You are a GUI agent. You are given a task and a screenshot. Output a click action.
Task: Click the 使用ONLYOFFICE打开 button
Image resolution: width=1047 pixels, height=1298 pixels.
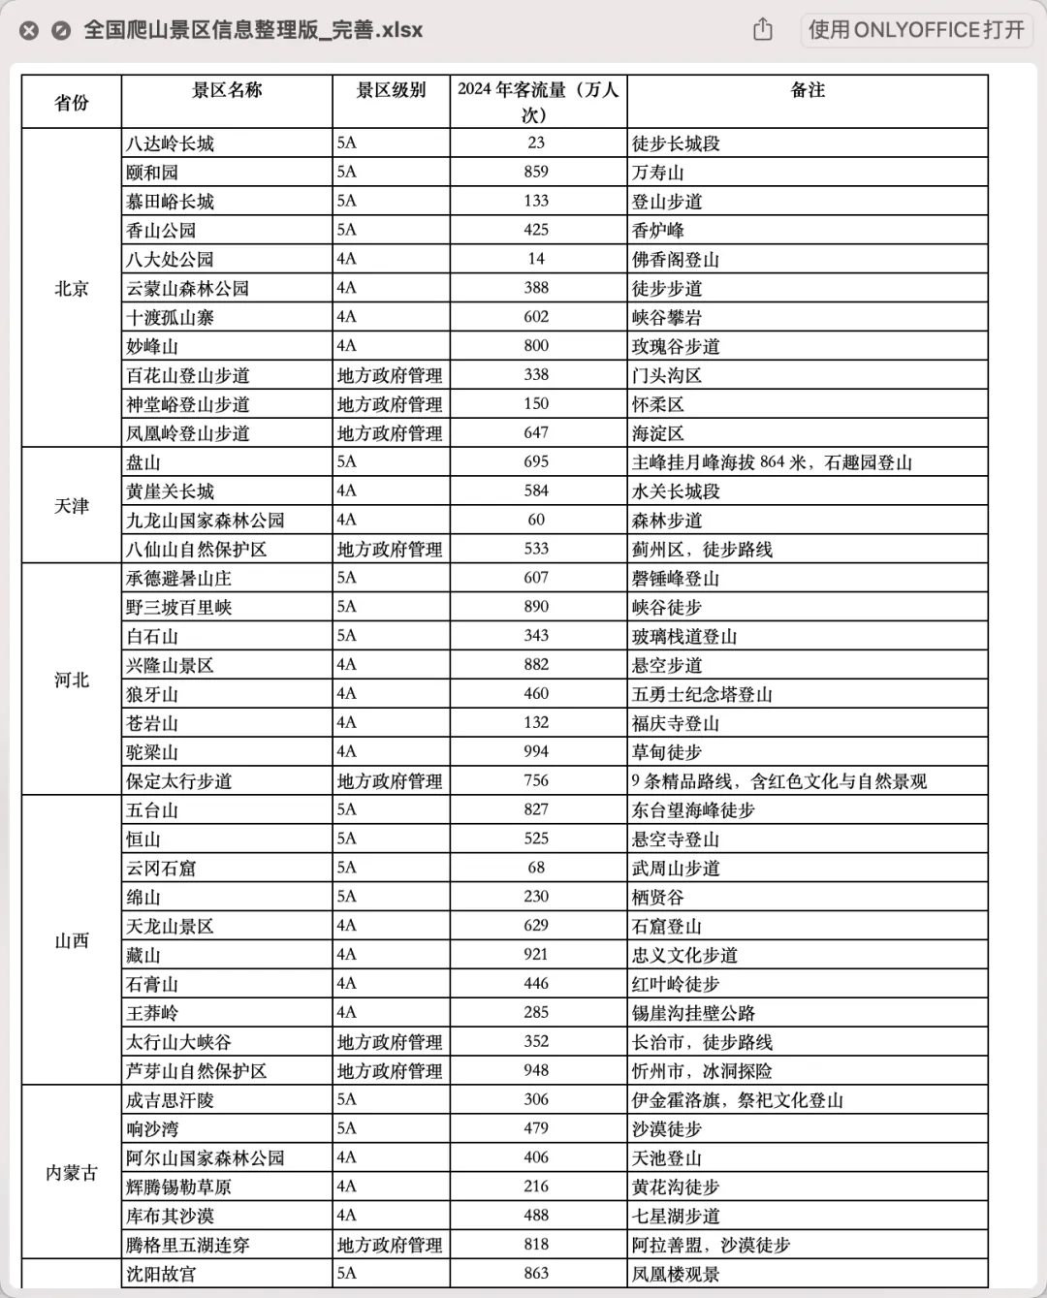(916, 30)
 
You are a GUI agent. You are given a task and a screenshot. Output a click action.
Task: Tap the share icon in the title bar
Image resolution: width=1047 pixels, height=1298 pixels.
(763, 30)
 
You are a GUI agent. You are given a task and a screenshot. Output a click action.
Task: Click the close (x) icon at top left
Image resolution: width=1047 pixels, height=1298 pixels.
(29, 31)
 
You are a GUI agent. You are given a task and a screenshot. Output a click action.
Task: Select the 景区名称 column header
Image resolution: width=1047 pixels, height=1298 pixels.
(227, 90)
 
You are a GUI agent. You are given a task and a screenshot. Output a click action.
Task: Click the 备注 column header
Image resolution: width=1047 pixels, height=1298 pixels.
(808, 90)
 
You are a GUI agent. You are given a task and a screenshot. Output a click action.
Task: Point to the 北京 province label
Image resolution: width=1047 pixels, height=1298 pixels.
(72, 288)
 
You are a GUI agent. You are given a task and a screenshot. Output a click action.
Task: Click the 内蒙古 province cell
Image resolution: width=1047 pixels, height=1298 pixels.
(72, 1173)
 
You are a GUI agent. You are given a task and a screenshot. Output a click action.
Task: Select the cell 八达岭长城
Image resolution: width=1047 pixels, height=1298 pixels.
(171, 143)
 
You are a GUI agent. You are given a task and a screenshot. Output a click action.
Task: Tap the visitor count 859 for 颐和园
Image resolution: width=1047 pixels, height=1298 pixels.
(536, 172)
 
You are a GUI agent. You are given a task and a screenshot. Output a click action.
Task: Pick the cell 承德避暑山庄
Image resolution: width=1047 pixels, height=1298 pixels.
(179, 579)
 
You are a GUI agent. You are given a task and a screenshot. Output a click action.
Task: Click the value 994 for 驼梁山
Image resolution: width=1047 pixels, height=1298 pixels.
(536, 751)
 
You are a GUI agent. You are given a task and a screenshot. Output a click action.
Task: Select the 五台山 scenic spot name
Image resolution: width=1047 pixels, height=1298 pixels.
(152, 809)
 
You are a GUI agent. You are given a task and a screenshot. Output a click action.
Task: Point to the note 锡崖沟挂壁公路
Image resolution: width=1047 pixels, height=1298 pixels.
(693, 1013)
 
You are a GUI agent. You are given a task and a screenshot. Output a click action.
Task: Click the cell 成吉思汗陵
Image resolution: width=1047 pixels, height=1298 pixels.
(171, 1100)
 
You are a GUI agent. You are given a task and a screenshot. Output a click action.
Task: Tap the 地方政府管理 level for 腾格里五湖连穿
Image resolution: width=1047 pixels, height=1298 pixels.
(390, 1246)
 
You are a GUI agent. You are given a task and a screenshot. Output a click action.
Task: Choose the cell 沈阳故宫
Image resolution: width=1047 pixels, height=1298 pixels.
(161, 1274)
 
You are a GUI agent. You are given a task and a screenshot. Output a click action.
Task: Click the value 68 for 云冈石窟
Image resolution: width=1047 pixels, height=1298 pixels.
(536, 868)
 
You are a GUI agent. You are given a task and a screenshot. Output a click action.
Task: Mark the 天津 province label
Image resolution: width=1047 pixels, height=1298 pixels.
(72, 506)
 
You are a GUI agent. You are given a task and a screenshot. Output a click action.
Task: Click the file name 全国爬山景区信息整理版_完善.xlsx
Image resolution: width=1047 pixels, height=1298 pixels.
(253, 30)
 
